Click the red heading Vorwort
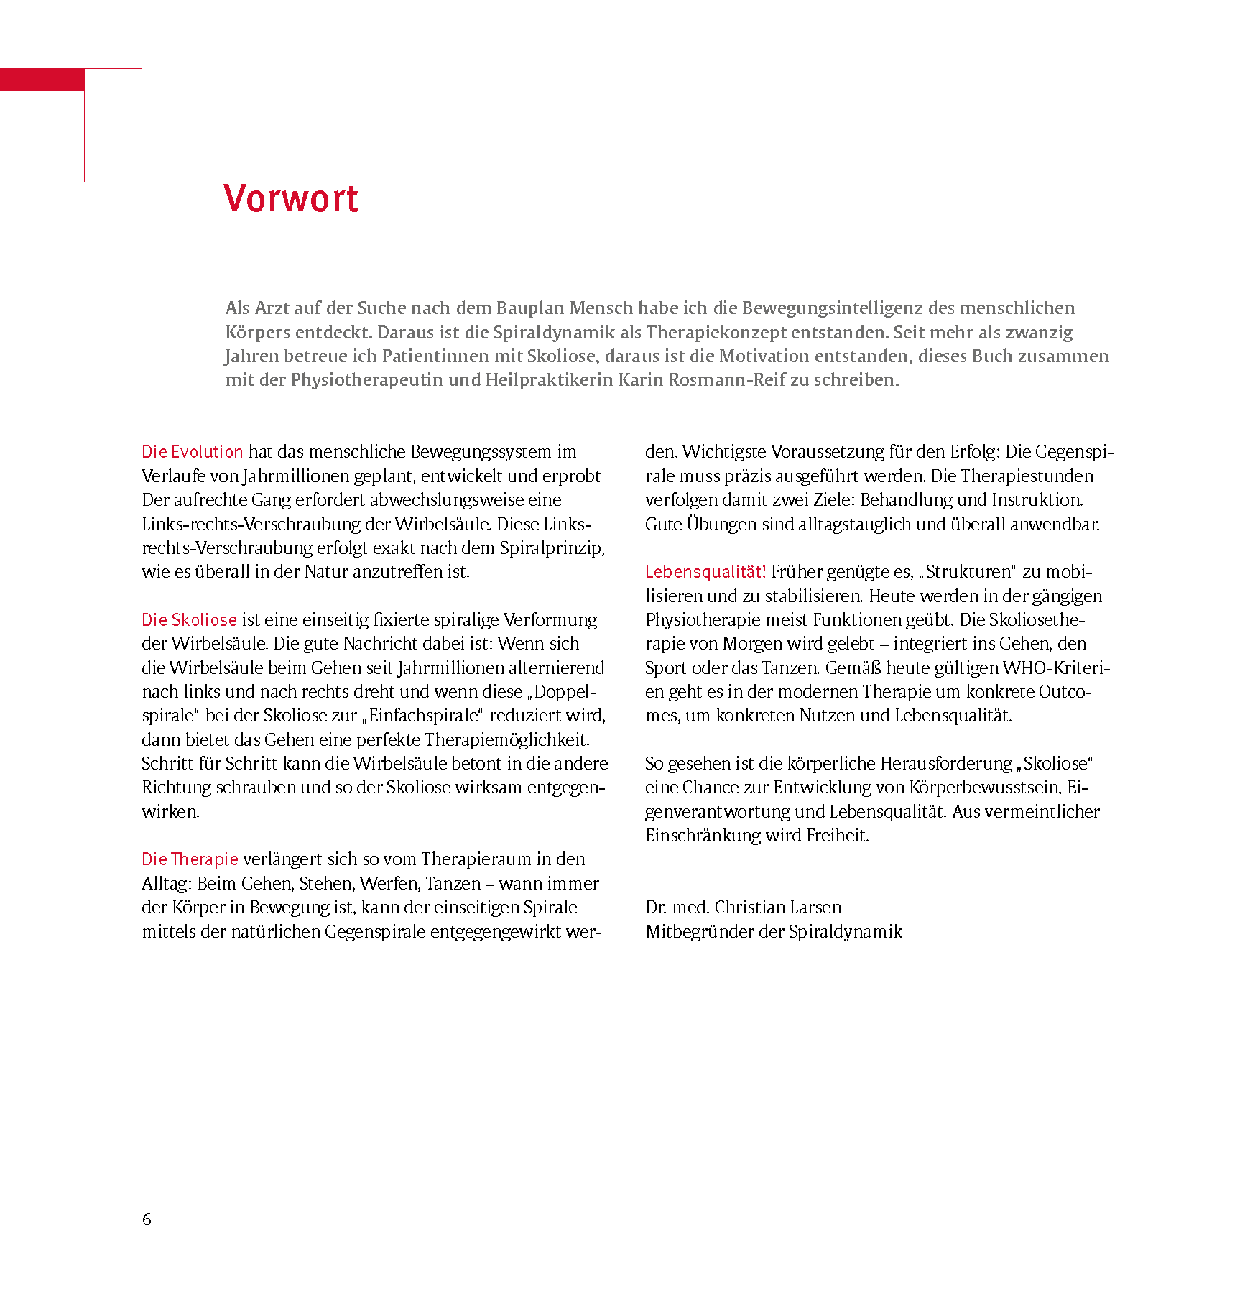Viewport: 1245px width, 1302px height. click(291, 199)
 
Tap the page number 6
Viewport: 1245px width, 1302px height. click(147, 1219)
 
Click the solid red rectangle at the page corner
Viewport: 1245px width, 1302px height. click(42, 79)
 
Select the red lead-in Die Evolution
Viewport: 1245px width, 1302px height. click(193, 452)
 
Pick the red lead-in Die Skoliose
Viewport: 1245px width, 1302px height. click(189, 619)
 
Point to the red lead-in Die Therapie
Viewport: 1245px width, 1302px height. click(190, 859)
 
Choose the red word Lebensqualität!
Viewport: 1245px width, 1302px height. click(705, 572)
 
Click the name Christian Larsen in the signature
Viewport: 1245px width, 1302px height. click(778, 907)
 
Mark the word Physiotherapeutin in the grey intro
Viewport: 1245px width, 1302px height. click(366, 380)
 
